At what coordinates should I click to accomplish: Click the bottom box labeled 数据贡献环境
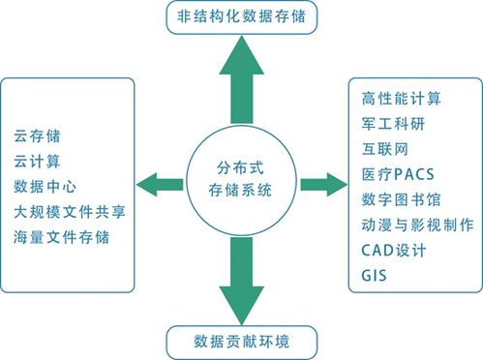click(242, 343)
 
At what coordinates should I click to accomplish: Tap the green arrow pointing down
click(242, 276)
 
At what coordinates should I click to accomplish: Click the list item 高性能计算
click(401, 98)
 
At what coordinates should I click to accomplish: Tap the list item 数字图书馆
click(401, 199)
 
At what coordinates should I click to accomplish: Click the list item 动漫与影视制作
click(416, 225)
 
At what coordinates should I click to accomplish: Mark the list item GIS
click(374, 275)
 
